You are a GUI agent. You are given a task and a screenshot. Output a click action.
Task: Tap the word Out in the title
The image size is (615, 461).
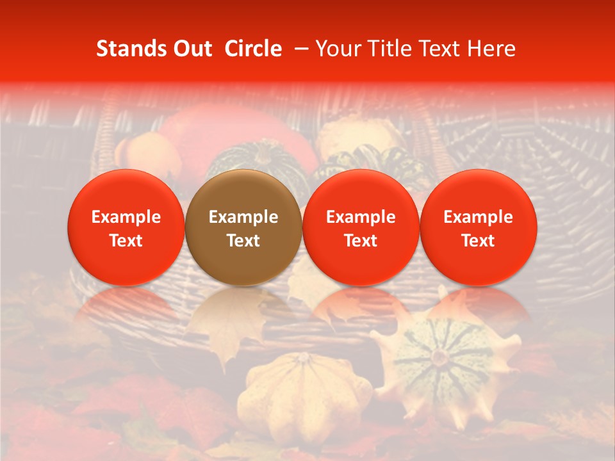click(191, 49)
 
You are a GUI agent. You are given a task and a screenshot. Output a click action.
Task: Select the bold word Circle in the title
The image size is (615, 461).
click(253, 49)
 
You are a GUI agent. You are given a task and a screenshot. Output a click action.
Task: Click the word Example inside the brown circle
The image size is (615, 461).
click(243, 217)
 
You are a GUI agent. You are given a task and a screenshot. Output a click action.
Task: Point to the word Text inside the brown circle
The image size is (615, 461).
click(243, 241)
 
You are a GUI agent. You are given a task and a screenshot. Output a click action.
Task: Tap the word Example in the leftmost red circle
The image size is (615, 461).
click(126, 217)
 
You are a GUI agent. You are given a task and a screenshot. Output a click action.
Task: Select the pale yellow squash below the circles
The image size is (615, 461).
click(307, 391)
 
